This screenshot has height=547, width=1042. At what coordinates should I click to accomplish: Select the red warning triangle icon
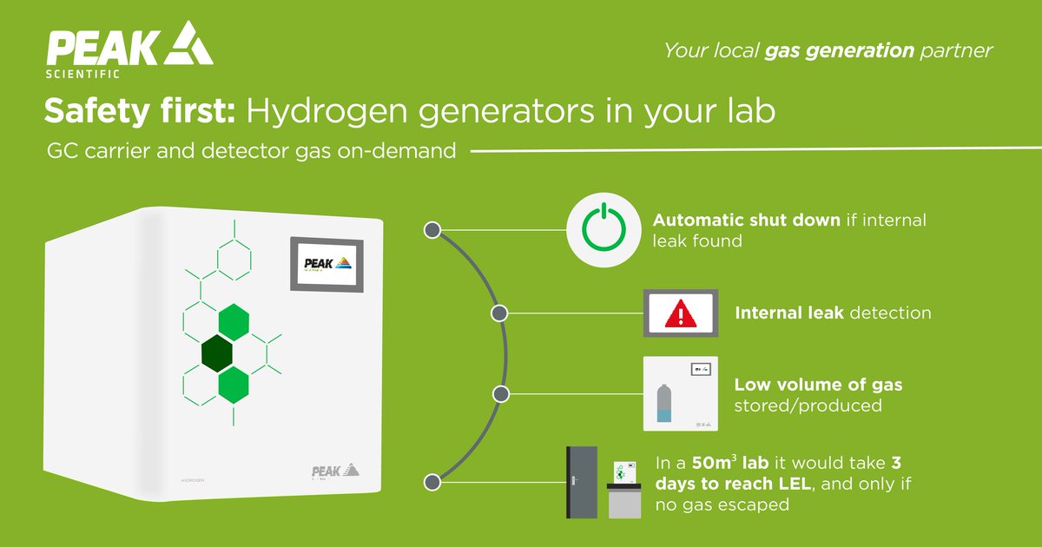coord(680,313)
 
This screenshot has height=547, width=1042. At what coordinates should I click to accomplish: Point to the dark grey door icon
coord(582,483)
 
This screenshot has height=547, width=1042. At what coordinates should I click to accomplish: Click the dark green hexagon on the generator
coord(216,353)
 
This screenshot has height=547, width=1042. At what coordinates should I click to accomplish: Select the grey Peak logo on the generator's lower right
coord(334,471)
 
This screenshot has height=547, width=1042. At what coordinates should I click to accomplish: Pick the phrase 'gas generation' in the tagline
coord(839,50)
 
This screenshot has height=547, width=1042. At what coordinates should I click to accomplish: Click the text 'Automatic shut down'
coord(746,220)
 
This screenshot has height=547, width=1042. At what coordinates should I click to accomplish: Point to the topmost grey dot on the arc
coord(432,230)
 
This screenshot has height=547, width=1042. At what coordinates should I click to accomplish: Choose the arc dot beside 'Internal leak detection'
coord(499,313)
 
